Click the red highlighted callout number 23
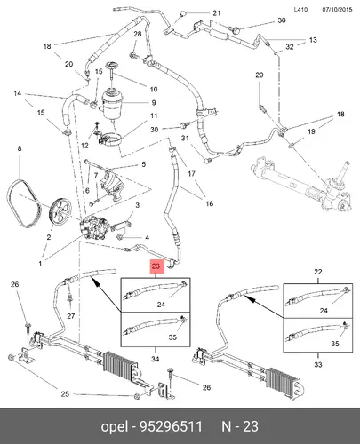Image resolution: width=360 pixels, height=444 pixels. coord(156,266)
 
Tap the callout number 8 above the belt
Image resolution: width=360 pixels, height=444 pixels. coord(20,148)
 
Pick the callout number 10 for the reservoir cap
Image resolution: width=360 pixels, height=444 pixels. coord(154,89)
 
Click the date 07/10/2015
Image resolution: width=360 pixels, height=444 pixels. coord(337,9)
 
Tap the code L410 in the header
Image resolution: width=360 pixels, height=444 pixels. coord(300,9)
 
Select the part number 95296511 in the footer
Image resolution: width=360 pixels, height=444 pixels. coord(171,426)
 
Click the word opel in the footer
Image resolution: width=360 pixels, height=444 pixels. coord(115,427)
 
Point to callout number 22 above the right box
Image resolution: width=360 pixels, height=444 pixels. coord(317,272)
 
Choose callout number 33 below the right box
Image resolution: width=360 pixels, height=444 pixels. coord(318,364)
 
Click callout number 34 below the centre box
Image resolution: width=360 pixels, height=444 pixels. coord(155,359)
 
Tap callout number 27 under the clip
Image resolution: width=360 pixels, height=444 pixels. coord(70,316)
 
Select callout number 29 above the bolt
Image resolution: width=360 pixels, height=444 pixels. coord(260,75)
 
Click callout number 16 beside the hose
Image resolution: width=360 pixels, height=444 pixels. coord(210,203)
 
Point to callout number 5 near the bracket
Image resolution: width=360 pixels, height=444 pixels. coord(144,164)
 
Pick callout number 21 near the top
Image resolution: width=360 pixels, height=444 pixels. coord(217,13)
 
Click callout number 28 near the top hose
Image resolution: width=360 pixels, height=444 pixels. coord(138,34)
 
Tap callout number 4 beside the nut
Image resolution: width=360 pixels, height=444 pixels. coord(147,237)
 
